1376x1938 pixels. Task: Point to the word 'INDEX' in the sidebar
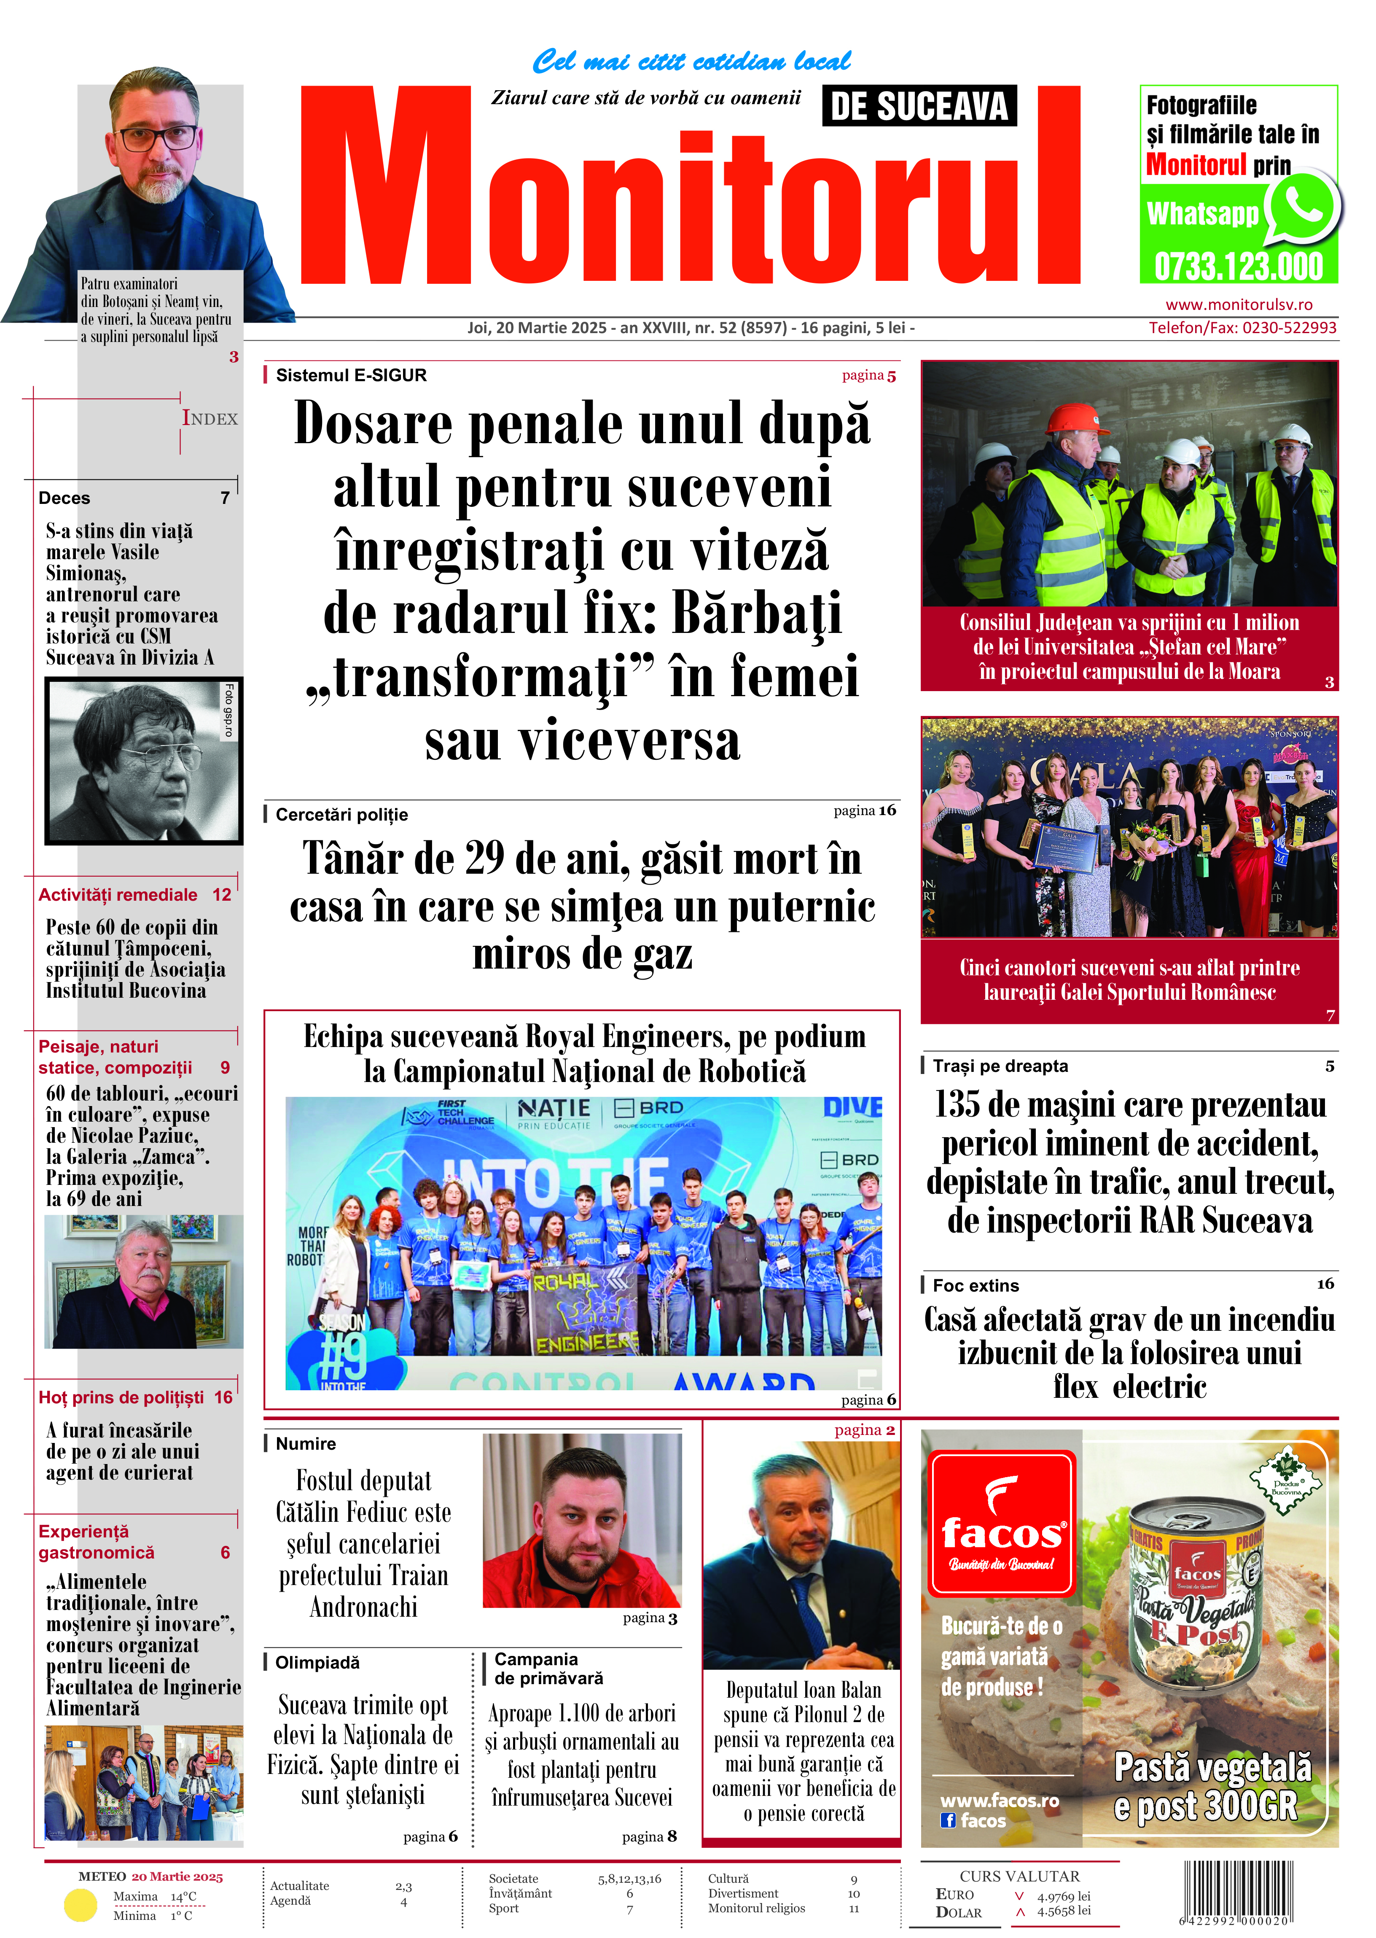(x=210, y=419)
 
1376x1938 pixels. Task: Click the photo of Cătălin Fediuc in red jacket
(x=582, y=1521)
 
